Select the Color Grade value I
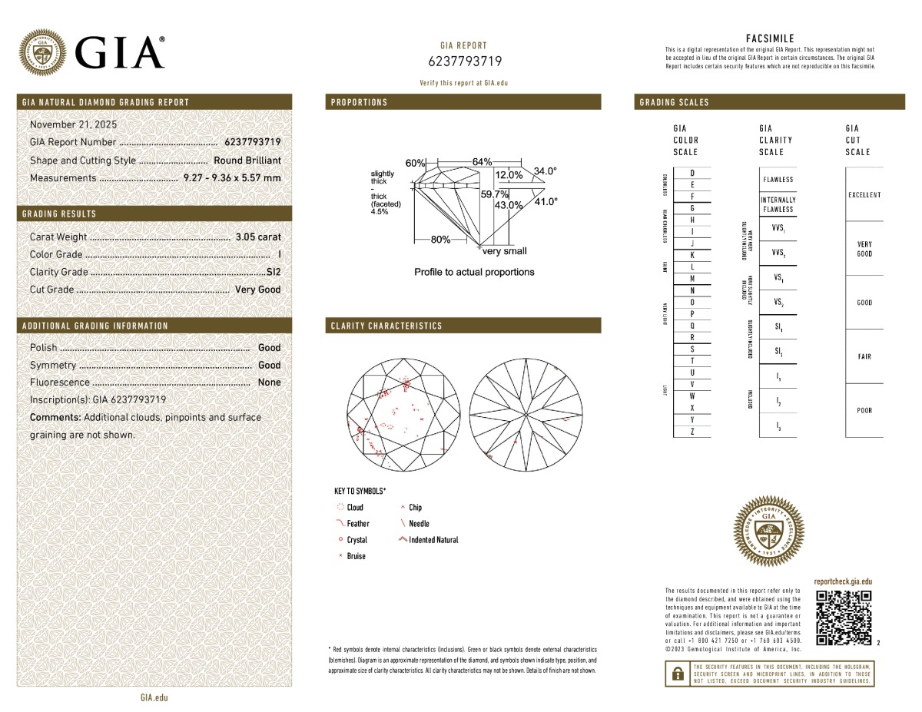click(x=278, y=255)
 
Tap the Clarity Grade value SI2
click(x=273, y=272)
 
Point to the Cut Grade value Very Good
click(x=257, y=290)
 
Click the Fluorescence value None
click(x=269, y=382)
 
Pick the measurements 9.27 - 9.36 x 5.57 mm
click(x=232, y=178)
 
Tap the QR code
click(x=843, y=618)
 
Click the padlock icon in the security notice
click(x=678, y=674)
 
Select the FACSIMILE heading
click(x=770, y=38)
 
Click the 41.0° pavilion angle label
click(x=546, y=201)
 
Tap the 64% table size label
click(x=482, y=162)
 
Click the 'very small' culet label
click(x=504, y=251)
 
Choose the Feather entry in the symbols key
click(x=357, y=524)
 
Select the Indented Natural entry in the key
click(x=433, y=540)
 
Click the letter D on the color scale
click(x=692, y=174)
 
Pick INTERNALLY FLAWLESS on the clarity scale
click(x=778, y=204)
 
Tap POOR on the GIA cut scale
click(x=864, y=410)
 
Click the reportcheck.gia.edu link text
click(x=843, y=582)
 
